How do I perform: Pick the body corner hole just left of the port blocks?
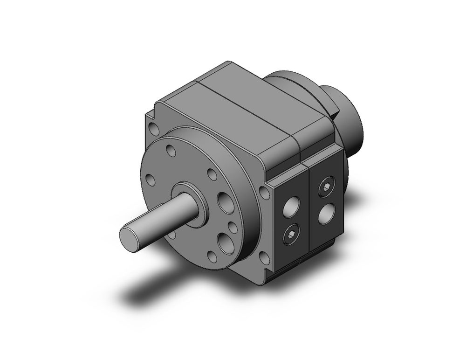(265, 192)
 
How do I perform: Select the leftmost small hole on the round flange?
(151, 180)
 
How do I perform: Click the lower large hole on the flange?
(226, 243)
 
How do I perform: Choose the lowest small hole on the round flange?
(212, 256)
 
